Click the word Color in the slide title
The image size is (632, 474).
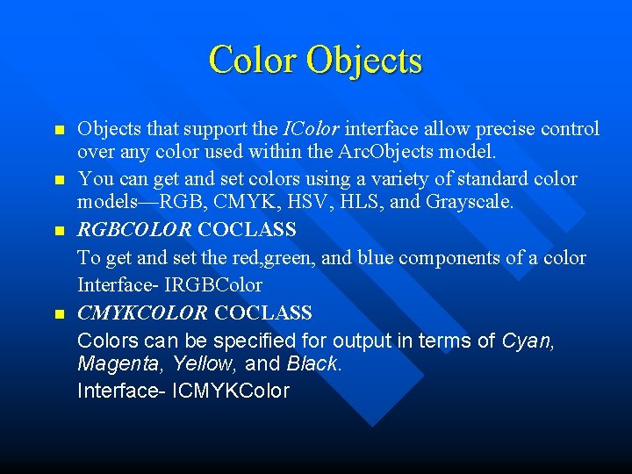pyautogui.click(x=253, y=60)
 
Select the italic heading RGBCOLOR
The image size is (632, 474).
pyautogui.click(x=134, y=230)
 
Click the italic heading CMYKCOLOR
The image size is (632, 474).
pyautogui.click(x=142, y=312)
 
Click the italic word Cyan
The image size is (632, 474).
pyautogui.click(x=528, y=339)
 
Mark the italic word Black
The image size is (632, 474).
pyautogui.click(x=312, y=363)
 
